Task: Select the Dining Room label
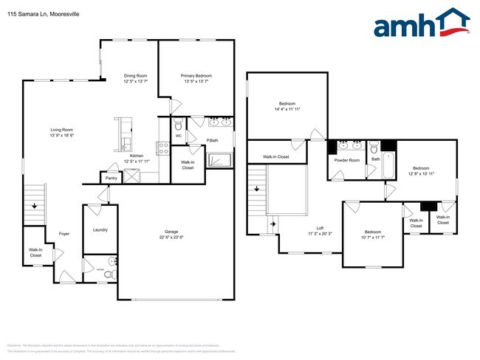(135, 75)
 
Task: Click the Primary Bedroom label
(196, 75)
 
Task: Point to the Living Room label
(61, 130)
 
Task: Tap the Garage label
(171, 232)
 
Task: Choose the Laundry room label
(100, 230)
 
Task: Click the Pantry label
(111, 178)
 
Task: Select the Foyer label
(64, 234)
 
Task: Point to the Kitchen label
(137, 156)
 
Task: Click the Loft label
(320, 228)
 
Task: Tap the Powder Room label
(347, 160)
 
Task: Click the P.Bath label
(211, 140)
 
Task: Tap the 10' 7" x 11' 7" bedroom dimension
(373, 238)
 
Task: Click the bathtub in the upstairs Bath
(390, 167)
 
